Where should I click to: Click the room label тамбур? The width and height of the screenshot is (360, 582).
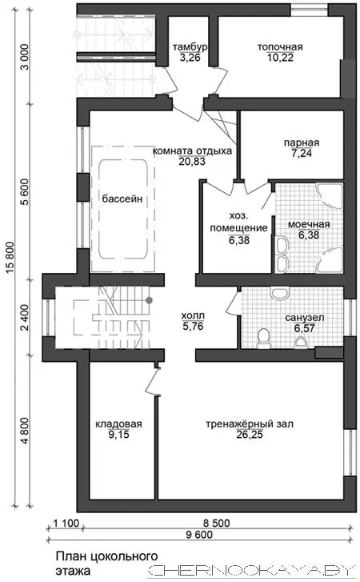tap(190, 47)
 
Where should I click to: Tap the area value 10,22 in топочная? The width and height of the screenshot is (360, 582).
tap(280, 58)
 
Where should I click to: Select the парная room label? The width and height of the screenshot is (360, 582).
tap(302, 143)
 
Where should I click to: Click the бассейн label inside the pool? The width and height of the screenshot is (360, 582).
tap(122, 199)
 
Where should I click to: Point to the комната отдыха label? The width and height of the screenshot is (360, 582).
tap(193, 151)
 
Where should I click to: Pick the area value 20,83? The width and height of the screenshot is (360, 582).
tap(192, 162)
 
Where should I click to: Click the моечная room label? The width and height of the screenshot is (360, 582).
tap(309, 225)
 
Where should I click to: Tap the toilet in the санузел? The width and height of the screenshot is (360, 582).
tap(264, 339)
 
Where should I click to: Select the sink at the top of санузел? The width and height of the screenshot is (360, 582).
tap(279, 293)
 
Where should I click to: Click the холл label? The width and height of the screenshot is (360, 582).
tap(193, 316)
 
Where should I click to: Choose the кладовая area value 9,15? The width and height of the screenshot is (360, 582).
tap(118, 435)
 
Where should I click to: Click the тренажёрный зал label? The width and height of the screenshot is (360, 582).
tap(250, 423)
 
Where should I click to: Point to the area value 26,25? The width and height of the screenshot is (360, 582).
tap(250, 435)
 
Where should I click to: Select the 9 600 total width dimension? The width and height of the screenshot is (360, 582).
tap(199, 535)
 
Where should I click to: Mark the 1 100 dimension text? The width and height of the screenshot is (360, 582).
tap(66, 523)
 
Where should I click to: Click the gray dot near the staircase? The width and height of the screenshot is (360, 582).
tap(149, 300)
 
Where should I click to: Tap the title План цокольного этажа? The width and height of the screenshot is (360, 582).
tap(106, 563)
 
